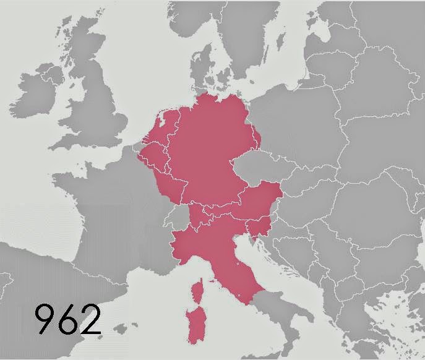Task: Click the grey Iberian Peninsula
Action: tap(49, 291)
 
